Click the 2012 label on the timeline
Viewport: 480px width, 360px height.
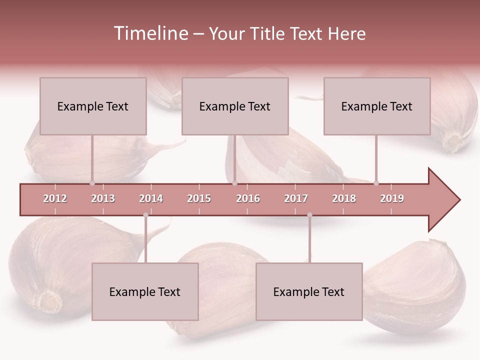tap(55, 198)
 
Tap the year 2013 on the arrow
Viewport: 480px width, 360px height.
tap(103, 198)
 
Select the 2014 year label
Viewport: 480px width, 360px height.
tap(151, 198)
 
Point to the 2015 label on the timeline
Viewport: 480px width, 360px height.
tap(199, 198)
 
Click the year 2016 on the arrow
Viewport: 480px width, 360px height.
tap(248, 198)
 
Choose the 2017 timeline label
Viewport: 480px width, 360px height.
tap(296, 198)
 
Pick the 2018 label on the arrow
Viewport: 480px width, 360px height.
tap(344, 198)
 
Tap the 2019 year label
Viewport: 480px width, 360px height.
tap(392, 198)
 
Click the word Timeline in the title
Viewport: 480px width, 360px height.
tap(150, 33)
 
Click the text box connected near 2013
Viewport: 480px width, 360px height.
tap(93, 106)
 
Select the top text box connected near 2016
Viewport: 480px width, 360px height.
tap(235, 106)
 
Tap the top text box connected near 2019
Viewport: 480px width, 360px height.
tap(377, 106)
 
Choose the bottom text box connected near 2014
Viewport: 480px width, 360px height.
tap(145, 291)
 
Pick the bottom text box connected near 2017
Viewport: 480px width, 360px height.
tap(309, 291)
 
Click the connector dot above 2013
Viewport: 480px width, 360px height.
tap(92, 183)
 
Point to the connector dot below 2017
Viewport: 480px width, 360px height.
tap(309, 215)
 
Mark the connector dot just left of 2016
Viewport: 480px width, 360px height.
tap(234, 183)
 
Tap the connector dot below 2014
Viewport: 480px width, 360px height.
tap(145, 215)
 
